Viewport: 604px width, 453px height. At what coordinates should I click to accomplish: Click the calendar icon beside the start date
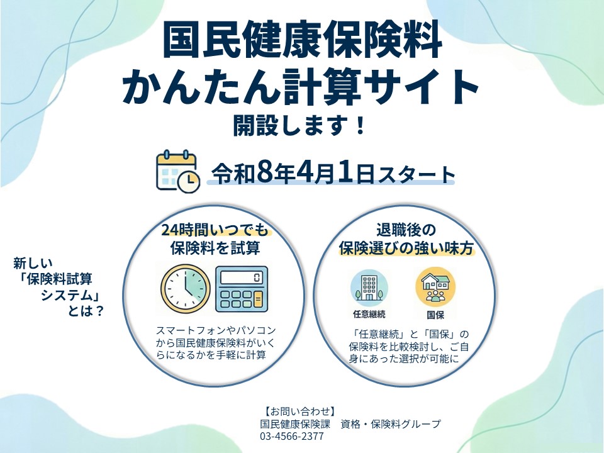point(177,171)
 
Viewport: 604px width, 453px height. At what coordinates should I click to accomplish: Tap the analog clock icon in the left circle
point(184,289)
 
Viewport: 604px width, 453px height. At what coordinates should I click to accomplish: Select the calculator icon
point(241,289)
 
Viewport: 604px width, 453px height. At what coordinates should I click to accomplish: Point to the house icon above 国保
point(435,287)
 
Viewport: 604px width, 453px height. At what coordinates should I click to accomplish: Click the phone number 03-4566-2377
point(291,436)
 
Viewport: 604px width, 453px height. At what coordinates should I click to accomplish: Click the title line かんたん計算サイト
point(302,87)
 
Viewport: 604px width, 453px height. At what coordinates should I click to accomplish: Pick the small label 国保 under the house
point(435,314)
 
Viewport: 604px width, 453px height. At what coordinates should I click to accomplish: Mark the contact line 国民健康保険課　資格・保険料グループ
point(350,423)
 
